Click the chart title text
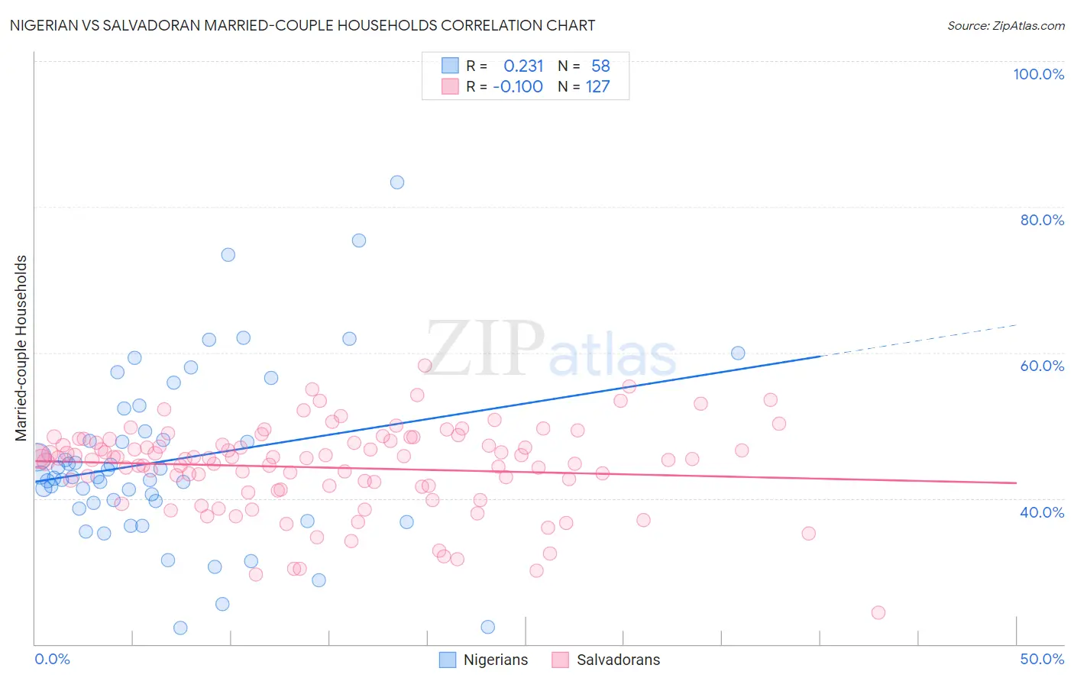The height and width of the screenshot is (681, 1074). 302,26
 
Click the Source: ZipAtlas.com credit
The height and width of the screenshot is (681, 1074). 1005,26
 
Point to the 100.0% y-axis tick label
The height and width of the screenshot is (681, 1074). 1038,74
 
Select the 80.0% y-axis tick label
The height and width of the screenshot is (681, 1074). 1042,220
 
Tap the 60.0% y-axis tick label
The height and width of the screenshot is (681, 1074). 1042,366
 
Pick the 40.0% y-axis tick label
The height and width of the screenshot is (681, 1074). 1042,512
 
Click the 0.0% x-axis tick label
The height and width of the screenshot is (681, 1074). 52,659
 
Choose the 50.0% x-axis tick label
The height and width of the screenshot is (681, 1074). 1042,659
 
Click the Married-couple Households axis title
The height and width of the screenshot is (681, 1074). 21,348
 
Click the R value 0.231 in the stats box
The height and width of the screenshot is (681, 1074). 523,66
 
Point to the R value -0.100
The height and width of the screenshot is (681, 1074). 518,87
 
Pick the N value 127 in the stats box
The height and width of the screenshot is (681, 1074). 598,87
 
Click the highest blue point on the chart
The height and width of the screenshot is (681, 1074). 397,182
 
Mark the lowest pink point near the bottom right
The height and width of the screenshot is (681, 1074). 878,613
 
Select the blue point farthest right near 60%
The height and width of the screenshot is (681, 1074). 738,353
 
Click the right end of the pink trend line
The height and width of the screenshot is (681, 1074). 1015,483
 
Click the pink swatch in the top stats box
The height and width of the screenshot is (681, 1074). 450,87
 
